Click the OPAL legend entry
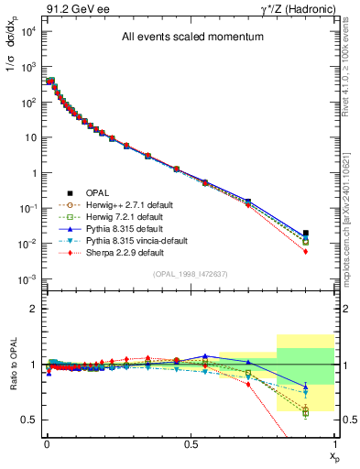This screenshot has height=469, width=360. coord(98,192)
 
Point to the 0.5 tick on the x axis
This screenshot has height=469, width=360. coord(191,444)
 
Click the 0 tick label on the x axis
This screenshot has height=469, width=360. coord(47,444)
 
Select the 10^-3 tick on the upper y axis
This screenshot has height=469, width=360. coord(28,278)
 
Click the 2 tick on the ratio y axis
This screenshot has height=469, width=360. coord(32,309)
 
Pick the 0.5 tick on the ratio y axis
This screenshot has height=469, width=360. coord(28,420)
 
